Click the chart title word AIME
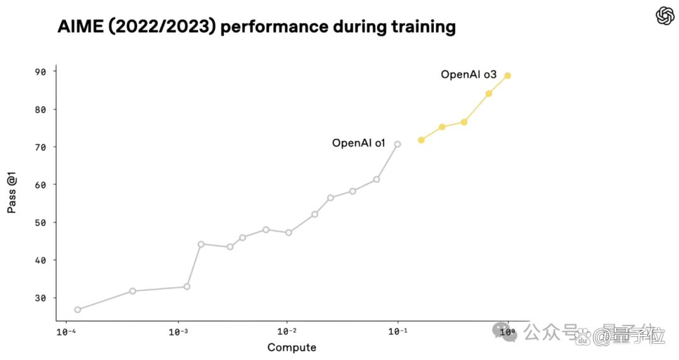(x=80, y=27)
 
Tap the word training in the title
(x=424, y=28)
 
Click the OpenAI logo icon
(x=665, y=16)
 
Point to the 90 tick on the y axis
(x=40, y=72)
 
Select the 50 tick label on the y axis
(x=40, y=222)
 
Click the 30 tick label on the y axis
(x=40, y=298)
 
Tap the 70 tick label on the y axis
(x=40, y=147)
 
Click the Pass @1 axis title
(x=12, y=192)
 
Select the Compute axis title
(x=292, y=347)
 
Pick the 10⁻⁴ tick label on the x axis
(x=66, y=332)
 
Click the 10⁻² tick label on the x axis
(x=287, y=332)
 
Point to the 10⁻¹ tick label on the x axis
(x=397, y=332)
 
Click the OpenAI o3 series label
(x=468, y=74)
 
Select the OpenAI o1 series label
(x=358, y=143)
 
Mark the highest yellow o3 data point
(x=507, y=76)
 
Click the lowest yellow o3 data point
(x=421, y=140)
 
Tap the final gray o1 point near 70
(x=397, y=144)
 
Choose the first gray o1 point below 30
(x=77, y=310)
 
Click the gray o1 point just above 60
(x=377, y=179)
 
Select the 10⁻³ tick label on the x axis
(x=178, y=332)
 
